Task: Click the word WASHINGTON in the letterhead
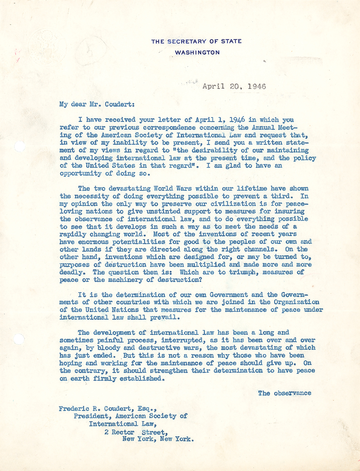pos(197,52)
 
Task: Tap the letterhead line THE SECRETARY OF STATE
pos(196,41)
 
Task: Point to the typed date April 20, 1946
pos(234,86)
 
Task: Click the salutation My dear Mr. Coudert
pos(91,105)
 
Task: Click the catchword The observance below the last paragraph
pos(284,392)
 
